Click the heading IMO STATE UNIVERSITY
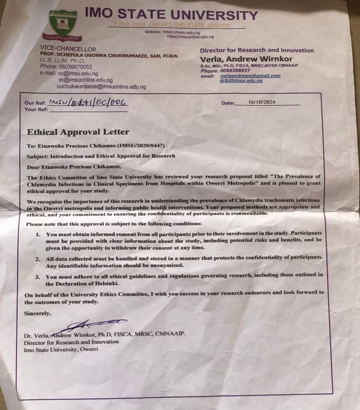coord(171,15)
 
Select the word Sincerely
coord(37,313)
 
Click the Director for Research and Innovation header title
coord(256,50)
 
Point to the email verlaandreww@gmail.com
coord(250,76)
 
